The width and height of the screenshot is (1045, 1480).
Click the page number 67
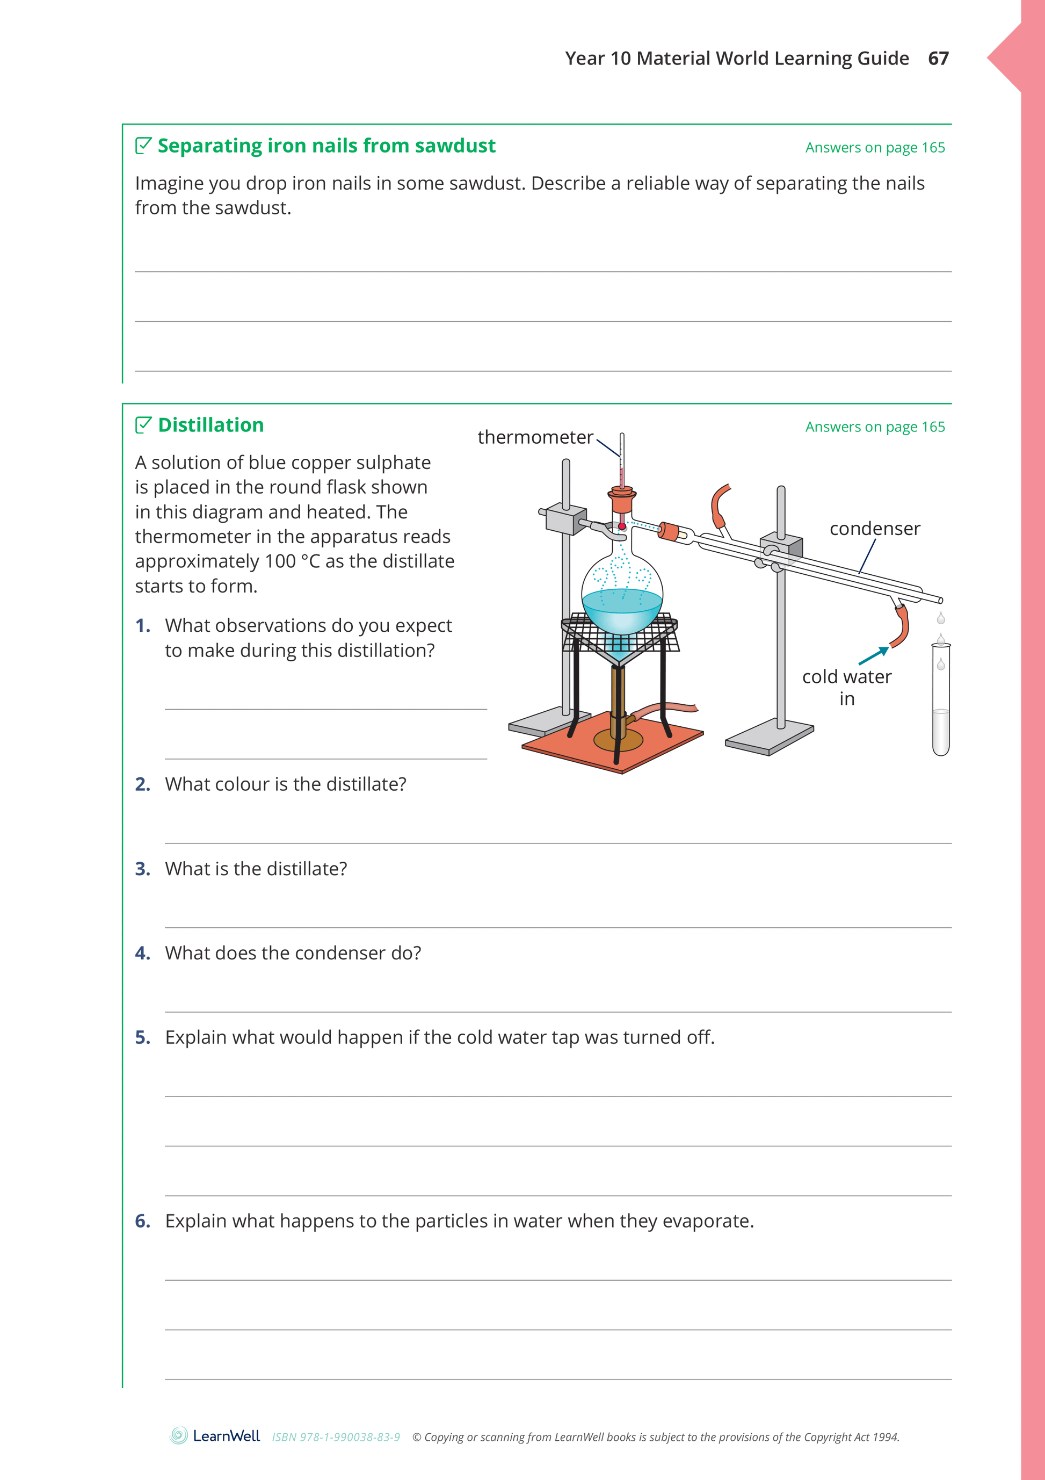point(938,59)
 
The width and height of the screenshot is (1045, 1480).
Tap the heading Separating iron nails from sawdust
point(326,146)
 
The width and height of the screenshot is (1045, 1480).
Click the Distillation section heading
point(211,425)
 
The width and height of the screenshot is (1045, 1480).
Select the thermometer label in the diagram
point(535,437)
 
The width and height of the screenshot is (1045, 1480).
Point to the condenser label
point(874,529)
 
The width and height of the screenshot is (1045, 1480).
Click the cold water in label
point(846,687)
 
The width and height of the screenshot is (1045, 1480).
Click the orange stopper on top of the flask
point(622,500)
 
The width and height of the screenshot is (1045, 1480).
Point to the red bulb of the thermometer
point(622,526)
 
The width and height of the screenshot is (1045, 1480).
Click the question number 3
point(142,869)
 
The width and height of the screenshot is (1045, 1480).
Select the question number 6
point(142,1221)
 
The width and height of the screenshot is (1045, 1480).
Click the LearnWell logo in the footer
point(215,1436)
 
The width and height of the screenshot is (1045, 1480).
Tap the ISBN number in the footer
point(336,1437)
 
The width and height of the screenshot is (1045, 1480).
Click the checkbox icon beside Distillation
point(143,425)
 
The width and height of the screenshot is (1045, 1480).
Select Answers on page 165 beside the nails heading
point(874,148)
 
